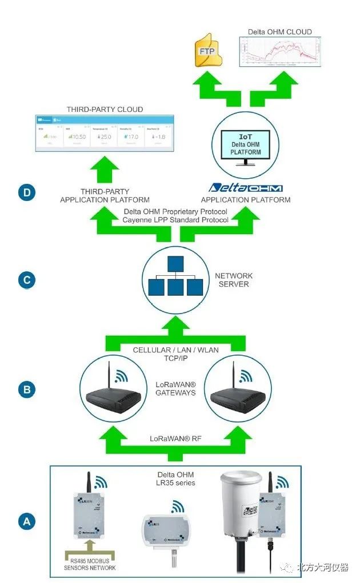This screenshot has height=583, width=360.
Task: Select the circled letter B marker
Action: point(26,390)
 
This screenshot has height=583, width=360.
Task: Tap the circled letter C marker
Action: point(26,280)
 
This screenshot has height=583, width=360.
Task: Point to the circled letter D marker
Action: point(26,193)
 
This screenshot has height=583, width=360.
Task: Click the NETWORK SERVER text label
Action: point(234,280)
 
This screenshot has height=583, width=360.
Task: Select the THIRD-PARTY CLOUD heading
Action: point(105,109)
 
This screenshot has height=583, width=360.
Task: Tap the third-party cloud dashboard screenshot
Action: point(104,134)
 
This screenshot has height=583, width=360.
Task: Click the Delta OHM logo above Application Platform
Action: point(246,188)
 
